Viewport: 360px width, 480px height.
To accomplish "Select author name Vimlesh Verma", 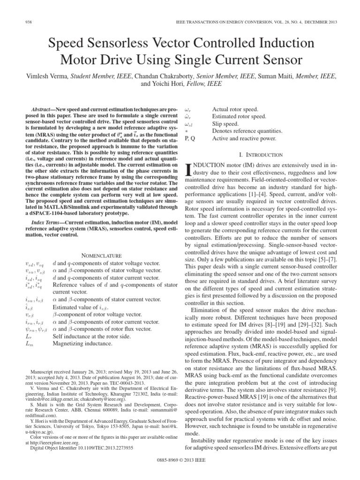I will click(x=50, y=75).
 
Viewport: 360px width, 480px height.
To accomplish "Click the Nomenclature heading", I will click(x=102, y=255).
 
